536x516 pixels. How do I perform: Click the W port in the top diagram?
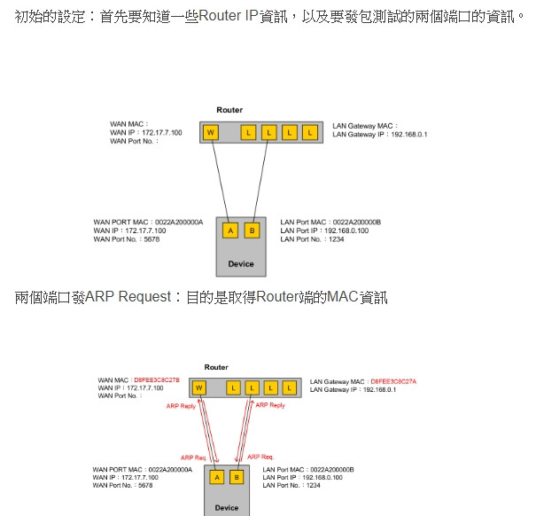click(x=211, y=133)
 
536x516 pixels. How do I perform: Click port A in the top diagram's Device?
click(x=229, y=231)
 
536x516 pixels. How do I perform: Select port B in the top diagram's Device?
click(x=252, y=231)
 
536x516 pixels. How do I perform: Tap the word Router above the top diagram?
click(x=229, y=110)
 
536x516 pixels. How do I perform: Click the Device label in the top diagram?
click(x=241, y=263)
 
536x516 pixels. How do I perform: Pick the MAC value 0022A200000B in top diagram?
click(x=357, y=222)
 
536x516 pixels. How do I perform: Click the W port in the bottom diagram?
click(x=198, y=387)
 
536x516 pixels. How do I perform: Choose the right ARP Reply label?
click(x=269, y=405)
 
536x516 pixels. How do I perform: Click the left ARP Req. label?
click(x=193, y=457)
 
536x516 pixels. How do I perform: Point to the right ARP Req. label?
click(x=260, y=457)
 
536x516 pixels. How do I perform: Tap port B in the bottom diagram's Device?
click(x=237, y=477)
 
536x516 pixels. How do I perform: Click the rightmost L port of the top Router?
click(x=309, y=133)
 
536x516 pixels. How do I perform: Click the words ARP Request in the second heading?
click(x=127, y=297)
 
